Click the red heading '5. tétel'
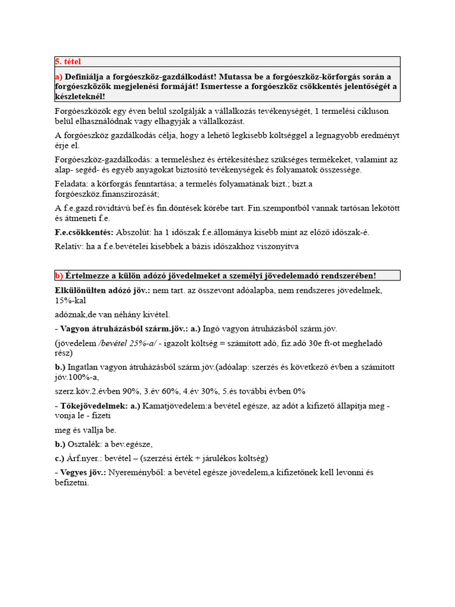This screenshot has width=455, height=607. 68,62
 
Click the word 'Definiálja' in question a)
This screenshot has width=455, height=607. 86,77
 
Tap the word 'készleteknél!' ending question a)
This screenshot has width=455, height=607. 80,96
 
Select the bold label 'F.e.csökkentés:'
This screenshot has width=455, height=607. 84,232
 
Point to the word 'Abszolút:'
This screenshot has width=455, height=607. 134,232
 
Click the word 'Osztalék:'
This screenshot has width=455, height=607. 85,444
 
